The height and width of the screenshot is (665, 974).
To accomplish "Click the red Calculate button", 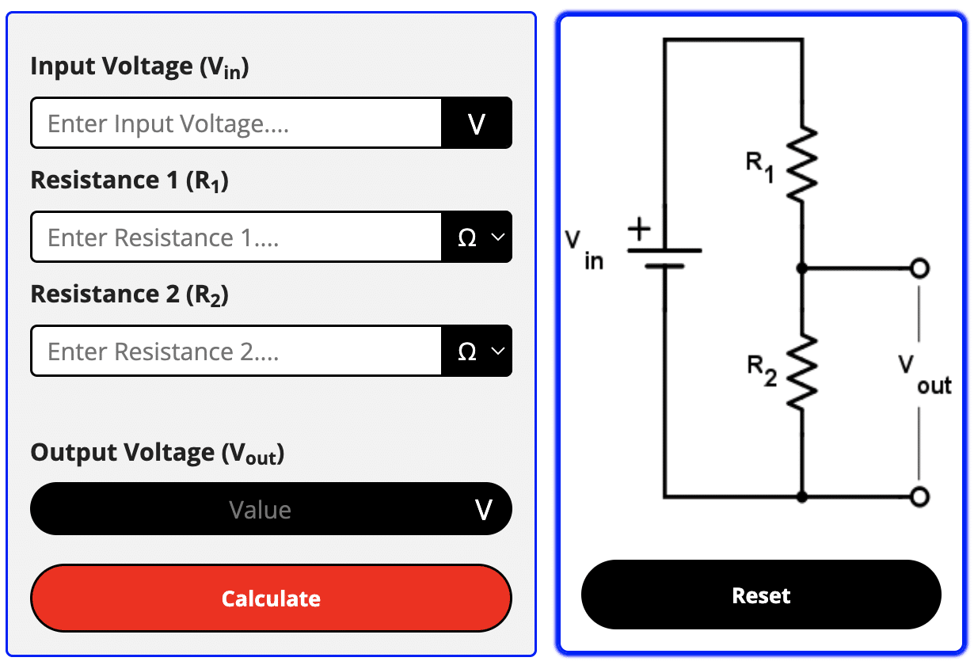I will coord(271,598).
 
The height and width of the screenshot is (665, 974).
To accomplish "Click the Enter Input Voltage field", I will coord(236,123).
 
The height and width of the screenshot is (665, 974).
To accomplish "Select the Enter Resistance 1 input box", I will coord(236,237).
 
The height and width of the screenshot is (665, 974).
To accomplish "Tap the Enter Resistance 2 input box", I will coord(236,351).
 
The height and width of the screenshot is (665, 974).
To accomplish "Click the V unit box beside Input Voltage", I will coord(477,123).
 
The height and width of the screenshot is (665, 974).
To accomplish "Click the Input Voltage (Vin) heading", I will coord(139,66).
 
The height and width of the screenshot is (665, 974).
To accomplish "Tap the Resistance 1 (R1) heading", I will coord(129,180).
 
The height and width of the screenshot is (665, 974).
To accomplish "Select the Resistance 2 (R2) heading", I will coord(129,294).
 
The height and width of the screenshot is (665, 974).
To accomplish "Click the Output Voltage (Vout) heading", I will coord(157,454).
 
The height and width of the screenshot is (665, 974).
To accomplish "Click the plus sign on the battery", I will coord(638,230).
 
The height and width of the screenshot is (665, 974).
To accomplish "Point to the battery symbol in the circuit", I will coord(664,257).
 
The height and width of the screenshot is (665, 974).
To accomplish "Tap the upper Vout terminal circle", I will coord(919,268).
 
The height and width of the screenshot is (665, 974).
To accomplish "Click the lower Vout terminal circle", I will coord(919,496).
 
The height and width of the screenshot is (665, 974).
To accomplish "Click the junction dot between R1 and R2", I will coord(801,268).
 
